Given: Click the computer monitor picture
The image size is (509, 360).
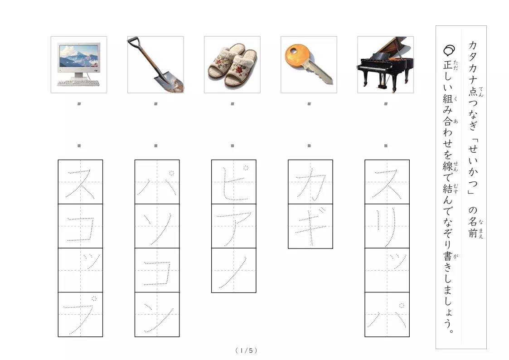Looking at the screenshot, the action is (79, 64).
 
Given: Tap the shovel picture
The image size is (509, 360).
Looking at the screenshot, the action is (155, 64).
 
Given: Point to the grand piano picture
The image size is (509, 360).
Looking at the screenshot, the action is (385, 64).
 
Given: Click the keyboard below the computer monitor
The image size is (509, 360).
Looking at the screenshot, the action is (78, 83).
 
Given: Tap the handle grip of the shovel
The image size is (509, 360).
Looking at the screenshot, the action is (134, 42).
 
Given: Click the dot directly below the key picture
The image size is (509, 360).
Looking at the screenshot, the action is (309, 104).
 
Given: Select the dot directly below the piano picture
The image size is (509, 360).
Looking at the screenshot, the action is (386, 104).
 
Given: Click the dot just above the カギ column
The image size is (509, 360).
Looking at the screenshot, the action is (309, 146).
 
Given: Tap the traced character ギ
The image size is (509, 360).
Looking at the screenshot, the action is (310, 226).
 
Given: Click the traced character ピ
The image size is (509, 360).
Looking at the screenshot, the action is (234, 182).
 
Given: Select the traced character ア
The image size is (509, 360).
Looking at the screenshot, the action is (234, 228).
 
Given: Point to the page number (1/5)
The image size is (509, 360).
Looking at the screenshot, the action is (247, 350).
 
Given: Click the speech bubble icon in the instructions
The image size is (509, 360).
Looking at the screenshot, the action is (449, 50).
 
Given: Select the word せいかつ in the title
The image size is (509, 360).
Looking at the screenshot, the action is (473, 165).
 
